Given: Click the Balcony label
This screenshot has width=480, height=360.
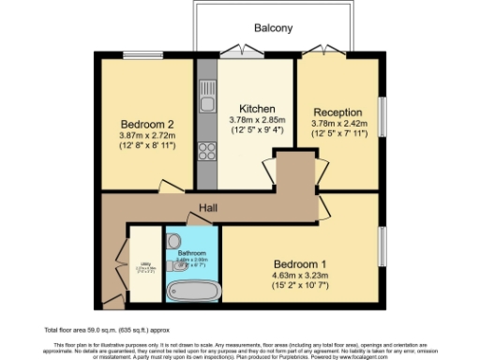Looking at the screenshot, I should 275,28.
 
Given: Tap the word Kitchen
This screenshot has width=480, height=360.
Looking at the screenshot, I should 256,107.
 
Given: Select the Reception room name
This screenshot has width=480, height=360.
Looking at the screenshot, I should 337,112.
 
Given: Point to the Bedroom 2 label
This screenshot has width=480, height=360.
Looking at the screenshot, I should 148,124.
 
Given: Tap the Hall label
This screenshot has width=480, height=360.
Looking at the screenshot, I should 208,208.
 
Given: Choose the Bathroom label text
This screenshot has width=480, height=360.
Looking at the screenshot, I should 192,253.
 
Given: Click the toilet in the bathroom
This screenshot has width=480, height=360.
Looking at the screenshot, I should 175,240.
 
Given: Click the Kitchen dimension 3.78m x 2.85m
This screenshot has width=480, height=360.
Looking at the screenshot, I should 256,120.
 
